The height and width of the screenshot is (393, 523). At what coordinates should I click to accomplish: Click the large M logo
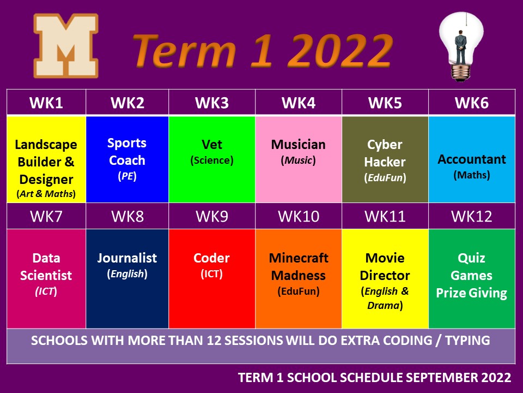[x=66, y=45]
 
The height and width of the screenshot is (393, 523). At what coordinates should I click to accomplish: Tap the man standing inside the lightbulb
[x=461, y=47]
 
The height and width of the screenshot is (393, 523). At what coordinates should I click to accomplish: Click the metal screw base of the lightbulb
[x=461, y=73]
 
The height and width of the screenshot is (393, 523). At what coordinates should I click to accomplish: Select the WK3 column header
[x=212, y=103]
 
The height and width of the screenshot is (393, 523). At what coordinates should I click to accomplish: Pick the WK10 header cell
[x=299, y=216]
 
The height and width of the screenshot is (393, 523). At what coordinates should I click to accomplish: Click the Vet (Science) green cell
[x=212, y=159]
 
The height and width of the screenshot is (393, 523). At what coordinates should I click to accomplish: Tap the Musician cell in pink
[x=299, y=159]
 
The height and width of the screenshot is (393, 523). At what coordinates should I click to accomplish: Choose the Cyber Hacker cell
[x=385, y=159]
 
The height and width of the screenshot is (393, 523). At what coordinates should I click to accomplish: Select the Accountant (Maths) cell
[x=472, y=159]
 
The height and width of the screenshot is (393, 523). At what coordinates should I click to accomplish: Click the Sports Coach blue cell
[x=127, y=159]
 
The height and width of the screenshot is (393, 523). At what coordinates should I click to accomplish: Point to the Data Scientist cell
[x=46, y=278]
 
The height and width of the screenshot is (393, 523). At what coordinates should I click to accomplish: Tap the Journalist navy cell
[x=127, y=278]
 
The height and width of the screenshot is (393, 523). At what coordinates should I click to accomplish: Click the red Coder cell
[x=212, y=278]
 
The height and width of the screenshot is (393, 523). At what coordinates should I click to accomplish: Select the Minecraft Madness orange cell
[x=299, y=278]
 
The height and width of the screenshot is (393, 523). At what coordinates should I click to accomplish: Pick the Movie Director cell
[x=385, y=278]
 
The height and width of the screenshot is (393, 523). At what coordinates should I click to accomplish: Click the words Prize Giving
[x=471, y=293]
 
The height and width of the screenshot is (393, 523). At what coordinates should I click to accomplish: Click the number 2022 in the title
[x=340, y=51]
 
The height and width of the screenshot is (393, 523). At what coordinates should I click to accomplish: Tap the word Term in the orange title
[x=185, y=51]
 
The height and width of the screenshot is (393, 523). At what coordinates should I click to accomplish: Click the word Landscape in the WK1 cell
[x=46, y=145]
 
